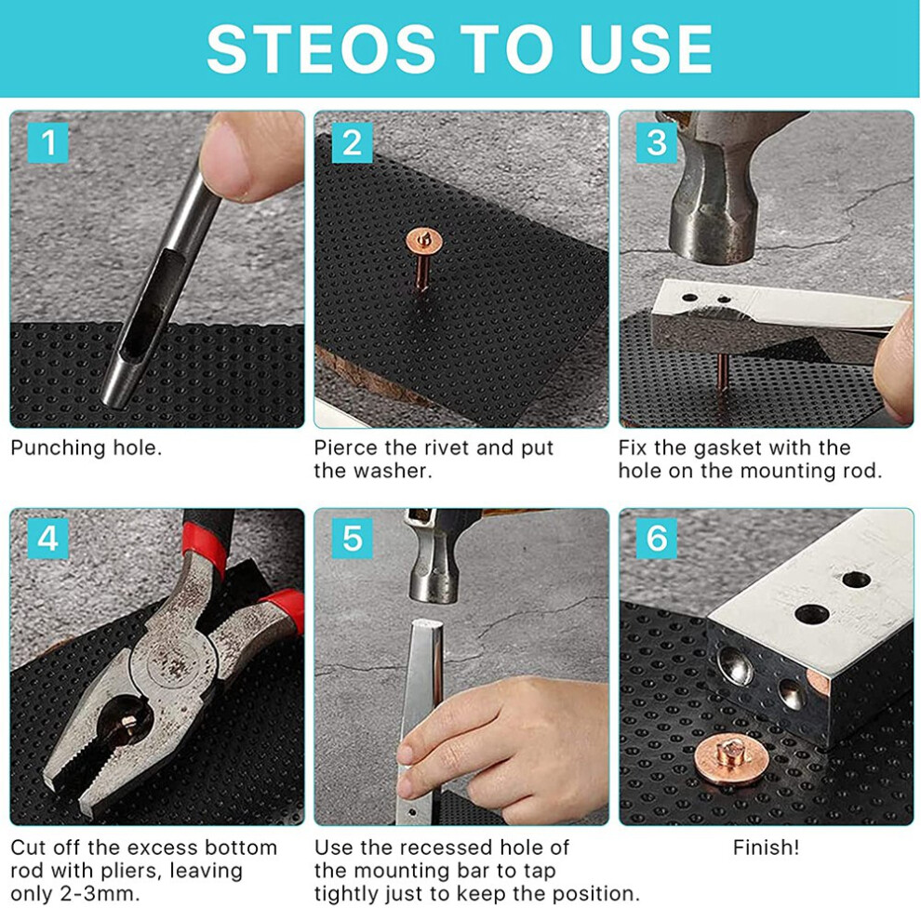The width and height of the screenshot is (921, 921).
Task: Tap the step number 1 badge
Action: pyautogui.click(x=48, y=142)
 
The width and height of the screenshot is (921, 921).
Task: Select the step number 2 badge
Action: pyautogui.click(x=353, y=142)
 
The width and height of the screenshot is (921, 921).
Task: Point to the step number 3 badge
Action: pyautogui.click(x=657, y=142)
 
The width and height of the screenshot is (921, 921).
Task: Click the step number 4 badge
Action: pyautogui.click(x=48, y=538)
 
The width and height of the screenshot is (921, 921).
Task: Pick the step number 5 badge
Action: pyautogui.click(x=353, y=538)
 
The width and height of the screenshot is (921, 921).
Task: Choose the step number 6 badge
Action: pyautogui.click(x=657, y=538)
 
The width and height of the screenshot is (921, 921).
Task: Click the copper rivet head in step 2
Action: pyautogui.click(x=424, y=240)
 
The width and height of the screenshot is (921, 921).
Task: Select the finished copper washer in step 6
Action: pyautogui.click(x=731, y=763)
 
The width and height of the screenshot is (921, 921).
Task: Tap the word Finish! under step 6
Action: pyautogui.click(x=766, y=848)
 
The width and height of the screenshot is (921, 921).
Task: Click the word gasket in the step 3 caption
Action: pyautogui.click(x=727, y=448)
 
